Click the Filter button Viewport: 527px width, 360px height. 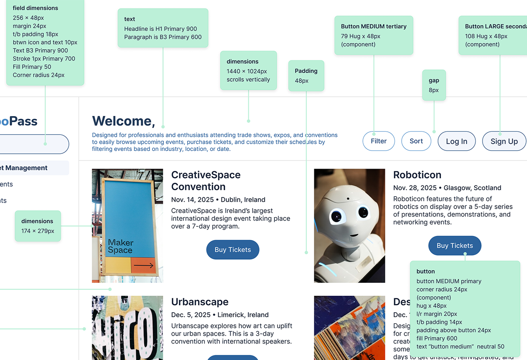(x=378, y=141)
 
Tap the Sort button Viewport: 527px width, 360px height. (x=416, y=141)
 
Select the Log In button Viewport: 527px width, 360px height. (x=457, y=141)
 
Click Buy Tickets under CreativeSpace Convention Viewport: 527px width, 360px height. (x=233, y=250)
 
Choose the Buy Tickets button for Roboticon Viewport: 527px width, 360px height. (x=455, y=246)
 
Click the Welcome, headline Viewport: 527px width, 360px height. (x=123, y=121)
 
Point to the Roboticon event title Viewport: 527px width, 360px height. (x=417, y=175)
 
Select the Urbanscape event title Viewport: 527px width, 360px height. (x=199, y=302)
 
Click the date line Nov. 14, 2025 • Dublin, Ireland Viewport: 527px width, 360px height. (x=218, y=200)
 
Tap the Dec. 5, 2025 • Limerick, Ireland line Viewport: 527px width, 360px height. (x=219, y=315)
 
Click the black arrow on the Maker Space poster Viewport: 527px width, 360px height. (x=143, y=265)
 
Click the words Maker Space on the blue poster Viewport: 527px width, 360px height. (x=120, y=246)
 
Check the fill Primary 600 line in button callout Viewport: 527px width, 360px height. (x=436, y=338)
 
